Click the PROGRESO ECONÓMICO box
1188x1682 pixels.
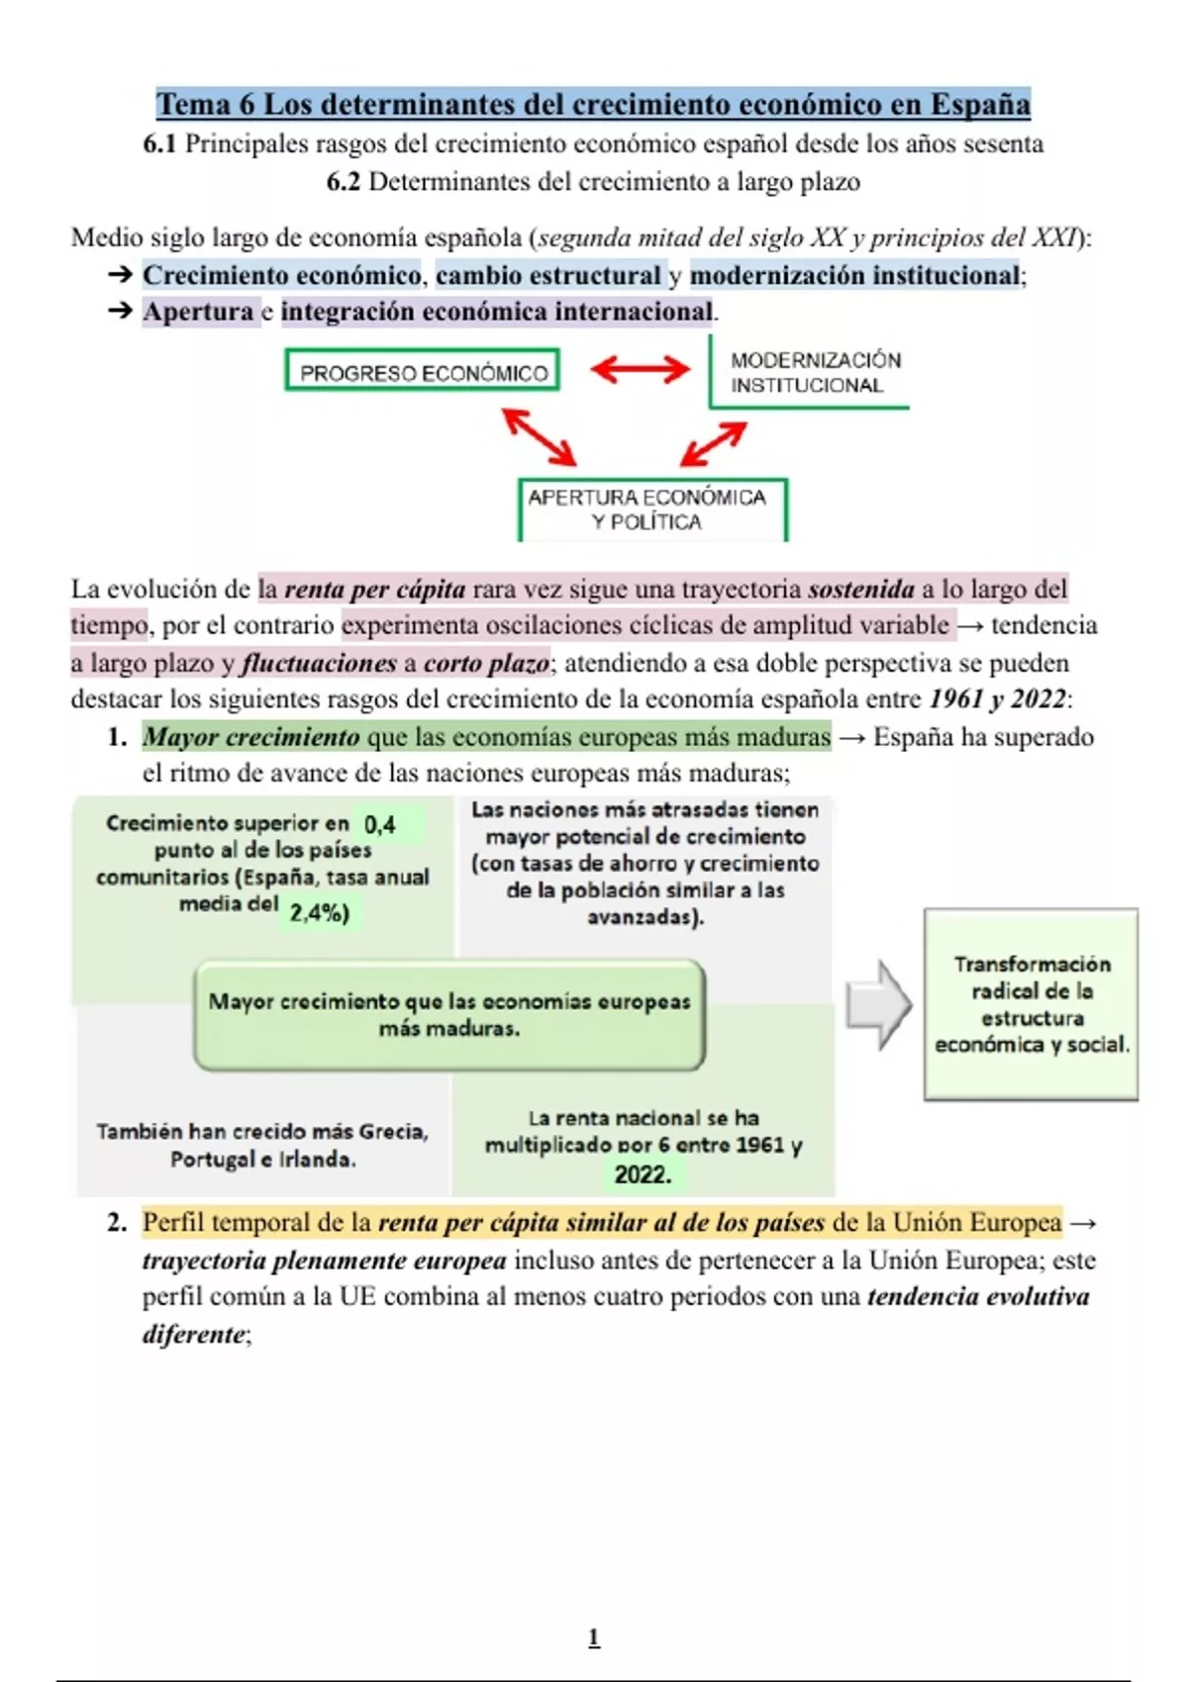tap(423, 371)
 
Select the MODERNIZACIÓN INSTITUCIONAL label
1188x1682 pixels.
tap(815, 373)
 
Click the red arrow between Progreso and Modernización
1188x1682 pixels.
tap(641, 370)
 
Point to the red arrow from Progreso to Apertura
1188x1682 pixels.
tap(540, 436)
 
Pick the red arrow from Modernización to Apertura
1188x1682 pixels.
tap(713, 443)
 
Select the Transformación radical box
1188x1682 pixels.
tap(1031, 1003)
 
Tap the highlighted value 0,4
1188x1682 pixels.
tap(380, 824)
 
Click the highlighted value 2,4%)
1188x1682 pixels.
tap(319, 912)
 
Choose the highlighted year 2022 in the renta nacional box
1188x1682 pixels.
tap(643, 1174)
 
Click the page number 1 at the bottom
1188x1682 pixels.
tap(594, 1637)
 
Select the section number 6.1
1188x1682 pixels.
tap(159, 144)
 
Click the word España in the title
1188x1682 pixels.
tap(979, 104)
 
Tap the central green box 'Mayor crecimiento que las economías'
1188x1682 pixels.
tap(449, 1014)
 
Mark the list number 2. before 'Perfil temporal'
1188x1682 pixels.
tap(117, 1223)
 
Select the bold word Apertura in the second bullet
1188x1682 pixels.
tap(199, 312)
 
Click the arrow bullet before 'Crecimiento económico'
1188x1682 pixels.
tap(120, 275)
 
